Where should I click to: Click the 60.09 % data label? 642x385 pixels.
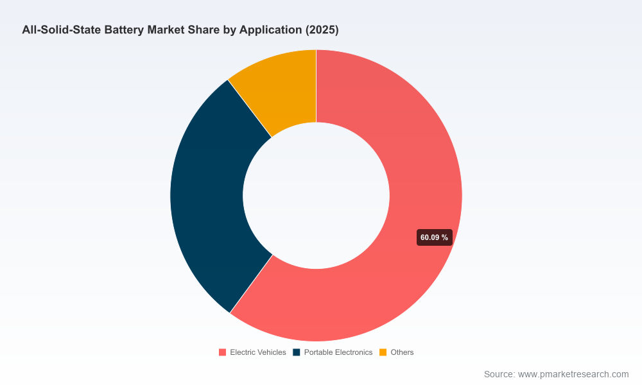click(x=435, y=237)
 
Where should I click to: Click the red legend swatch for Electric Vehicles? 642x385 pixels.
click(x=222, y=352)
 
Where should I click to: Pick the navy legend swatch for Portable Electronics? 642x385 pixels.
click(x=297, y=352)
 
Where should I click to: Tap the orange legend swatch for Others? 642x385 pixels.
click(x=383, y=352)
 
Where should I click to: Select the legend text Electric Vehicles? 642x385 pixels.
click(x=258, y=352)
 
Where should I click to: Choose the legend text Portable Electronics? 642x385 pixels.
click(x=338, y=352)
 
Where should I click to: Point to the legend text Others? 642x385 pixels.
click(x=402, y=352)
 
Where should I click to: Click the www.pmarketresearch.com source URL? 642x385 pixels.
click(x=573, y=374)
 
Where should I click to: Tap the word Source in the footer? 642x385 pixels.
click(x=499, y=374)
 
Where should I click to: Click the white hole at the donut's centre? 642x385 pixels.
click(x=316, y=196)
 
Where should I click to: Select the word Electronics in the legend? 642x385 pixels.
click(x=354, y=352)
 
